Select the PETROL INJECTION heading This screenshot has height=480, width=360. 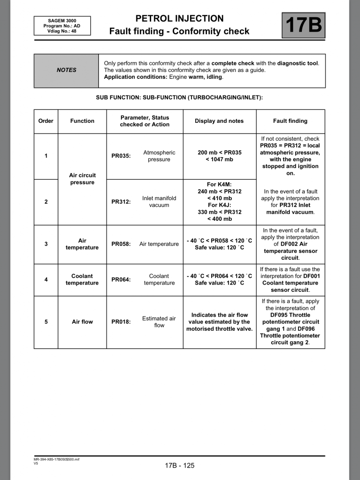[180, 19]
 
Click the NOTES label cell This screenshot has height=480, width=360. [66, 70]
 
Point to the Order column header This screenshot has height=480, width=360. [46, 121]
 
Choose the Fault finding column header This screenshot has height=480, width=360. [290, 121]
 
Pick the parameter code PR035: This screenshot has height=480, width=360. [121, 156]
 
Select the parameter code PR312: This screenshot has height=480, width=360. [121, 202]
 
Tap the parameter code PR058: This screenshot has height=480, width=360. [121, 244]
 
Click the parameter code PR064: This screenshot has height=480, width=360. [121, 279]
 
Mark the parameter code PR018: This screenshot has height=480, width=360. [121, 322]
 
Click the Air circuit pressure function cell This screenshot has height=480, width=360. [82, 179]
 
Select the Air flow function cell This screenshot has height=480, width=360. [82, 322]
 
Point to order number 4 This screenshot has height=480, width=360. [46, 279]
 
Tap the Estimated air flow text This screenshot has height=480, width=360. [159, 322]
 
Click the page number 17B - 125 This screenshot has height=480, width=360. [180, 465]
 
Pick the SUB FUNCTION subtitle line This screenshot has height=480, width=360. [180, 97]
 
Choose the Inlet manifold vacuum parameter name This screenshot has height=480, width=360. [159, 202]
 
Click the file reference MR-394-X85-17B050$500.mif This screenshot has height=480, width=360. [53, 459]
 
